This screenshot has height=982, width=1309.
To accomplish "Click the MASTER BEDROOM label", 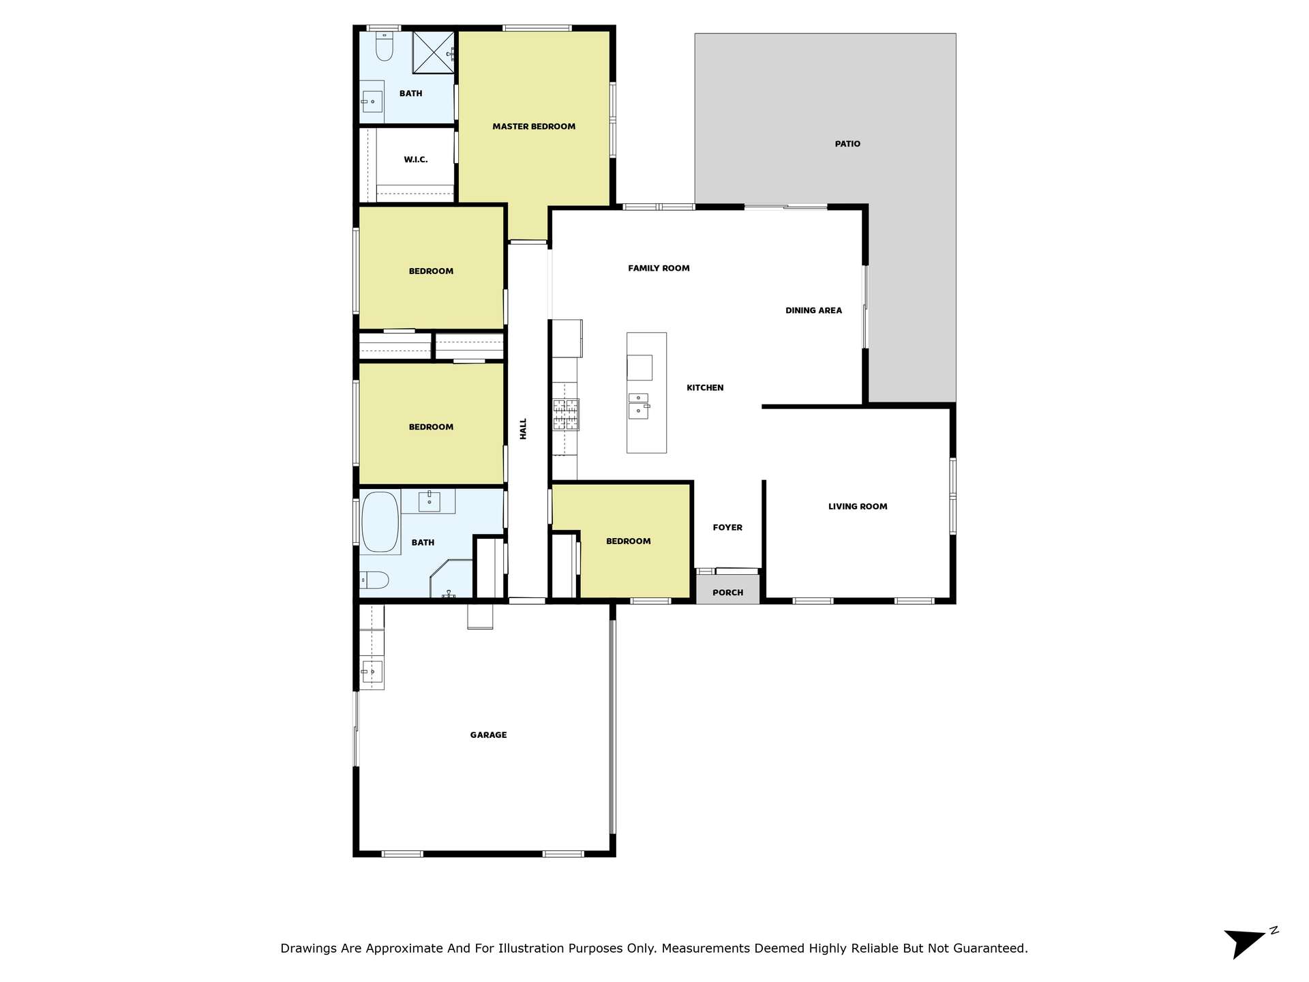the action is pos(534,126).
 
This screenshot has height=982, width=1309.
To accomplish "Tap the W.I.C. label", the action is pos(416,160).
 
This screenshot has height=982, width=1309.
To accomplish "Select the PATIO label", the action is pos(847,144).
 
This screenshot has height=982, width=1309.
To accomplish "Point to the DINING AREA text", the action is pos(813,310).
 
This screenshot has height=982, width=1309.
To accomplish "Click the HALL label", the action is pos(524,429).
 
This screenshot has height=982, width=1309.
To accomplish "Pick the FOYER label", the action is pos(727,527).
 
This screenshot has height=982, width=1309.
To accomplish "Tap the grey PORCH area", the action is pos(727,589).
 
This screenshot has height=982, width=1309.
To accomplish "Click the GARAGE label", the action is pos(488,734).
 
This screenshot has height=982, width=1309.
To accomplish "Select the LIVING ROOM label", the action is pos(858,506).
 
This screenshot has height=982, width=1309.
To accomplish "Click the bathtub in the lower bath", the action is pos(380,522).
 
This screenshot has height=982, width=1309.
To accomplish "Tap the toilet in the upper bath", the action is pos(385,46).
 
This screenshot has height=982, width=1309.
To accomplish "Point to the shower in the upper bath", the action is pos(434,52).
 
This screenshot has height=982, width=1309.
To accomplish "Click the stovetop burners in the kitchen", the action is pos(566,415).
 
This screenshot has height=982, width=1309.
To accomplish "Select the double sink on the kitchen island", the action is pos(639,406).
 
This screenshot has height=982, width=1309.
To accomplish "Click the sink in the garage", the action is pos(372,672).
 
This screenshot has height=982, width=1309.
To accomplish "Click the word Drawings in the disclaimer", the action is pos(307,948).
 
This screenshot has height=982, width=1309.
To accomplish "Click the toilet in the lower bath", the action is pos(374,580).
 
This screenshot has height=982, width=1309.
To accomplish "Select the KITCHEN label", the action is pos(705,387).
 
